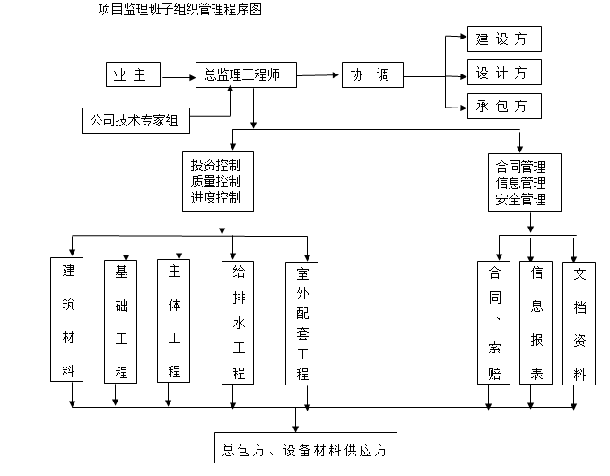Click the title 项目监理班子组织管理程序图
pos(180,10)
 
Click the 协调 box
pos(371,76)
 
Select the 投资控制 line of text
pos(215,165)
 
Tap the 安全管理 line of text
pos(520,199)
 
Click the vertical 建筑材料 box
pos(68,319)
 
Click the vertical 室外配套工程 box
pos(302,324)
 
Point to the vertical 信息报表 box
pos(536,323)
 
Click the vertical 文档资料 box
pos(579,324)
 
